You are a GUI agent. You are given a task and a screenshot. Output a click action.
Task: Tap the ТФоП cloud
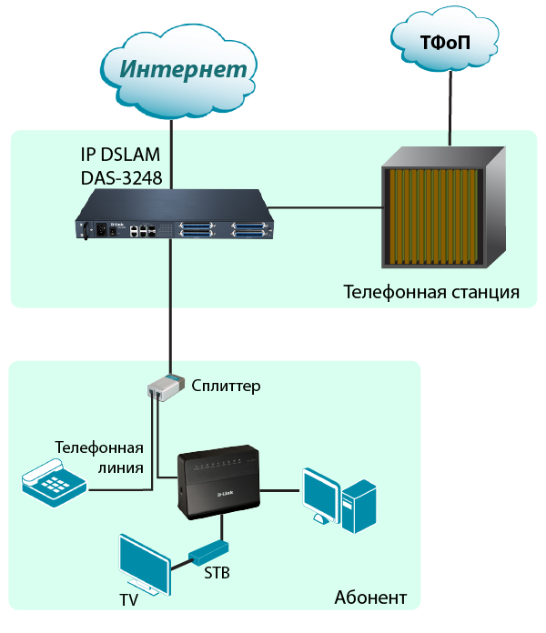445,42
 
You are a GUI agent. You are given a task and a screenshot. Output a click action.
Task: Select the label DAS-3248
121,178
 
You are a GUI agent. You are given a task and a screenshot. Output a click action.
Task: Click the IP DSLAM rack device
174,222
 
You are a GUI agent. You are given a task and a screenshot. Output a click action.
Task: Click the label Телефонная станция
431,293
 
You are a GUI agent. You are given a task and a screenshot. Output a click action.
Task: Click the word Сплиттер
226,386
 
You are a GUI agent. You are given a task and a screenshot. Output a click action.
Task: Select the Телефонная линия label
99,457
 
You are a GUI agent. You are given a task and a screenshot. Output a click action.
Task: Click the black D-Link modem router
218,481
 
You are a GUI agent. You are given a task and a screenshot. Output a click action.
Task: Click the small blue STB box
208,551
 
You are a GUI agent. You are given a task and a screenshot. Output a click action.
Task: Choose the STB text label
216,574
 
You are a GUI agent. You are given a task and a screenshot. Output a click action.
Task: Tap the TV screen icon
144,566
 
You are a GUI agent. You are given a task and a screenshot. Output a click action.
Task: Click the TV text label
130,601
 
